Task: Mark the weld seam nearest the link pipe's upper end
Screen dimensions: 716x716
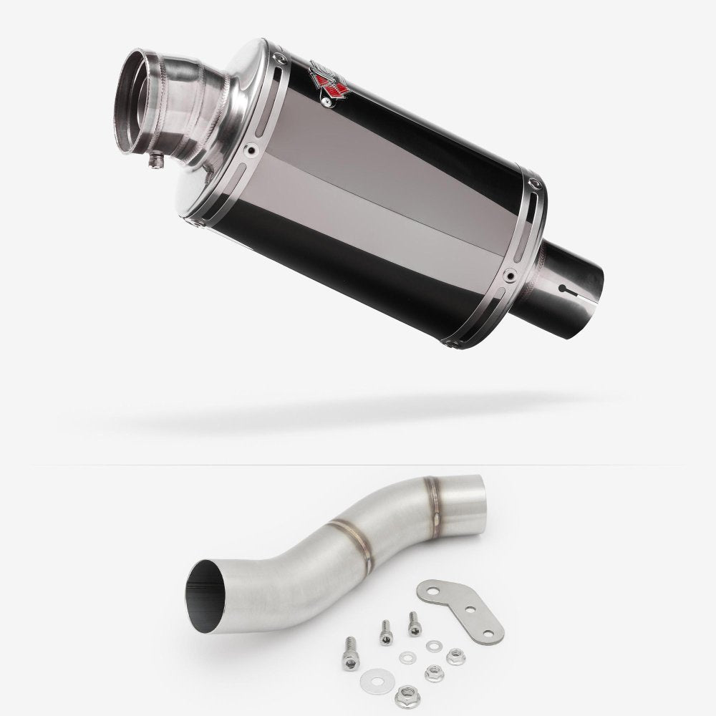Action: coord(432,490)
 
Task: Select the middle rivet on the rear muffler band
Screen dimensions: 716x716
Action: coord(508,274)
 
